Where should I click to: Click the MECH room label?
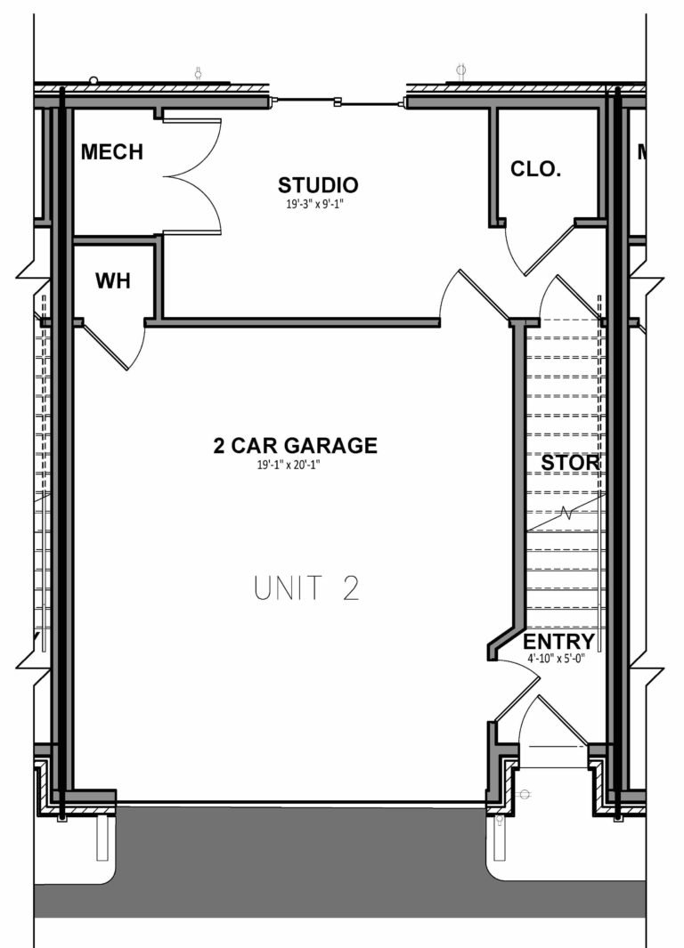coord(111,152)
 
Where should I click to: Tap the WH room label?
coord(113,281)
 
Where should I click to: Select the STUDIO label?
coord(318,185)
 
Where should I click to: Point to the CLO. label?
coord(535,169)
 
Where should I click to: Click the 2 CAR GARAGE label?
coord(295,446)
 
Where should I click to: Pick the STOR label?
coord(570,464)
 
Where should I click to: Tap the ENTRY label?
coord(558,642)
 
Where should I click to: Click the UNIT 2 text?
coord(306,588)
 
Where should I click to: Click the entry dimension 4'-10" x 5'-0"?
coord(558,659)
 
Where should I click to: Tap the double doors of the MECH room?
coord(192,176)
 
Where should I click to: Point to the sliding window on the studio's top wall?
coord(338,103)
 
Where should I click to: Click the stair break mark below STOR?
coord(566,514)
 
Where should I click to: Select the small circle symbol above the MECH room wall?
coord(94,81)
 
